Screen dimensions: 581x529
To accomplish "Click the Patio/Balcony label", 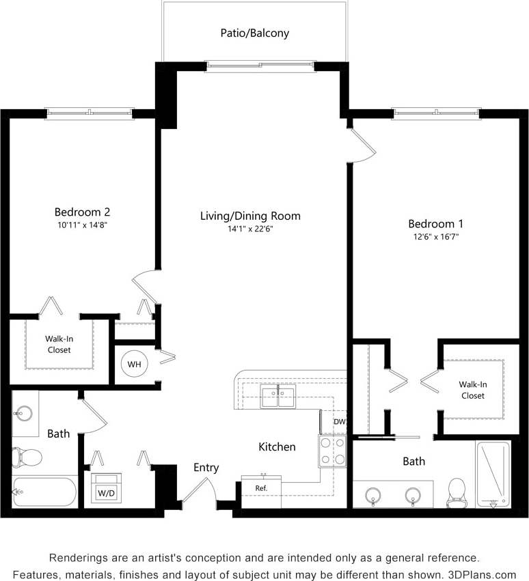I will point(254,33).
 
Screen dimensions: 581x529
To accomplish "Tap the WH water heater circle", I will point(134,365).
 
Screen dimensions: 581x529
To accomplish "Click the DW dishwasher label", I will point(339,422).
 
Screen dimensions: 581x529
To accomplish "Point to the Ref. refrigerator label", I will point(261,489).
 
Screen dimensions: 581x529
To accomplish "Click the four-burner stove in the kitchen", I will point(332,451).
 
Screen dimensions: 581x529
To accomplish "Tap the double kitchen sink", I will point(277,397).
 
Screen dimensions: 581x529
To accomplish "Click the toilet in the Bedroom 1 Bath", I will point(456,492).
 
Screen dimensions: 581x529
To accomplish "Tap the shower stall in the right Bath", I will point(493,474).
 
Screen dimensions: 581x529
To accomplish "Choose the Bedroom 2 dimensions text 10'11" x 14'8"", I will point(82,225).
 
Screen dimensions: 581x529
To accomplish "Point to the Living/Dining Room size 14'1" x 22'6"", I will point(250,229).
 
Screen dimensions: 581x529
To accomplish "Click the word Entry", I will point(206,468).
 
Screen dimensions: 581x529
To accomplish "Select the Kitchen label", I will point(277,447).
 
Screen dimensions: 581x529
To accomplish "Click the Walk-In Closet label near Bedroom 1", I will point(472,390).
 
